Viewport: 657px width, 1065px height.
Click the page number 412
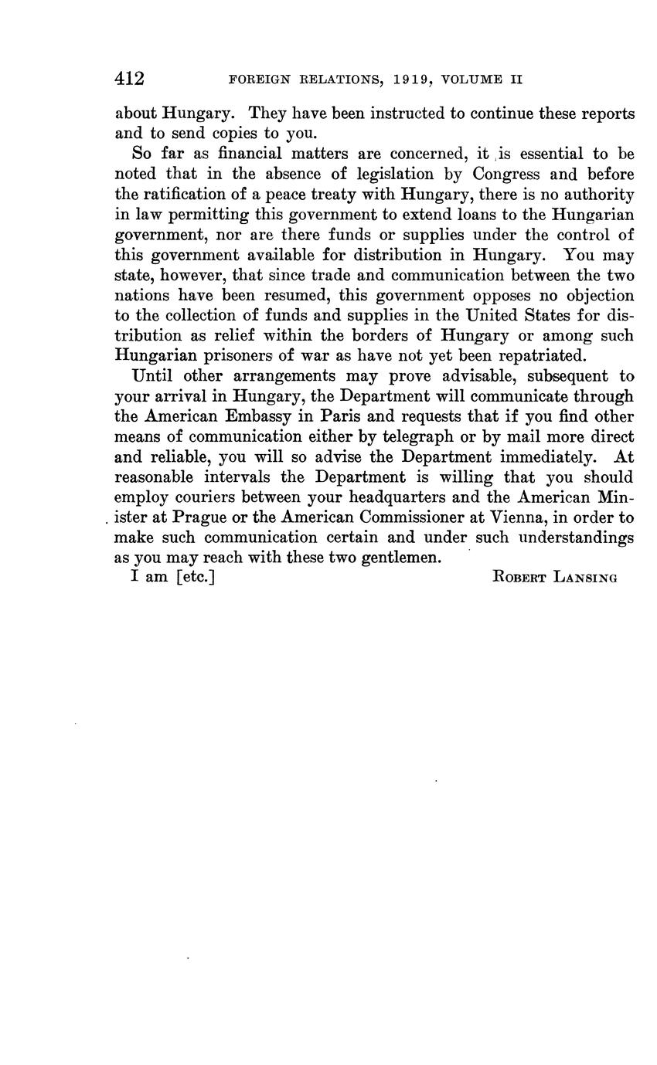(x=130, y=79)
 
